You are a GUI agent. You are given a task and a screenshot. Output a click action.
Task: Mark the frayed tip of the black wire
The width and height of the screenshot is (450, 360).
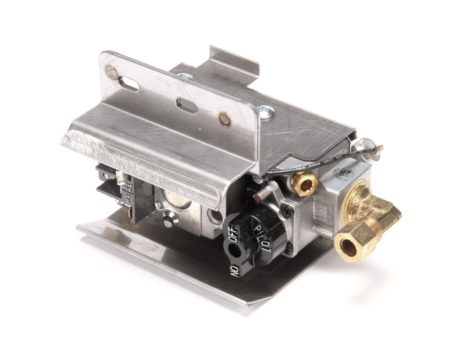380,148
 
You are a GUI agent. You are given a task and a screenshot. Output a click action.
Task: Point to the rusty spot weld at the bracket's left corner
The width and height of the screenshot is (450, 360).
111,72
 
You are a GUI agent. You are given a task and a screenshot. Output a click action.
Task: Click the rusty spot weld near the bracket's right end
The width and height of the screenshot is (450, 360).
224,118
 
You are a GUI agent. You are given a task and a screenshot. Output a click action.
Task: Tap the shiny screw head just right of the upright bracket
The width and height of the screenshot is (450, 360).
265,112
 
